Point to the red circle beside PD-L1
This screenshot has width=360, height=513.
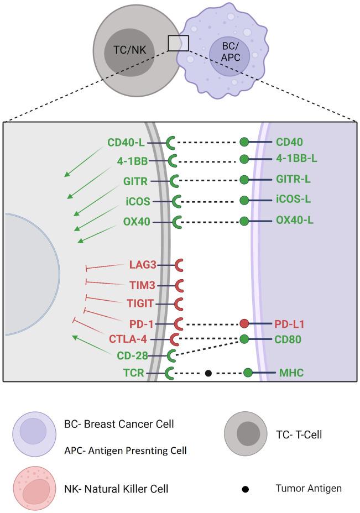click(x=244, y=323)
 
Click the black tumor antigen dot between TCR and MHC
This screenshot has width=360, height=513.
click(x=208, y=374)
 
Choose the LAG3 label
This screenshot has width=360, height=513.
click(x=142, y=265)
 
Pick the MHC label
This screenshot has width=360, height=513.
click(x=289, y=373)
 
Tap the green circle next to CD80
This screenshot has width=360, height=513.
click(x=244, y=339)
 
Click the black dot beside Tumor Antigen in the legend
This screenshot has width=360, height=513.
click(x=246, y=489)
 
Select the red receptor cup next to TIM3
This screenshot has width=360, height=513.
click(x=180, y=286)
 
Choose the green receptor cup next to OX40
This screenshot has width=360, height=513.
click(x=178, y=222)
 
